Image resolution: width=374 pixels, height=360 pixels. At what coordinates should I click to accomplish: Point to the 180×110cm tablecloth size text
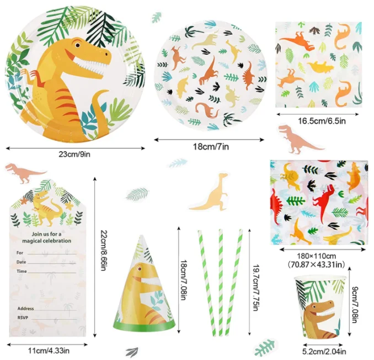[317, 256]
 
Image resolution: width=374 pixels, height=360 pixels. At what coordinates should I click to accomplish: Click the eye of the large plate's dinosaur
[76, 44]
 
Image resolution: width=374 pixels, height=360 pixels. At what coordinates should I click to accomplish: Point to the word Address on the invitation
[26, 309]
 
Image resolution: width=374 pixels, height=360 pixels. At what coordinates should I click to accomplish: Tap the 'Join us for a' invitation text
[47, 234]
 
